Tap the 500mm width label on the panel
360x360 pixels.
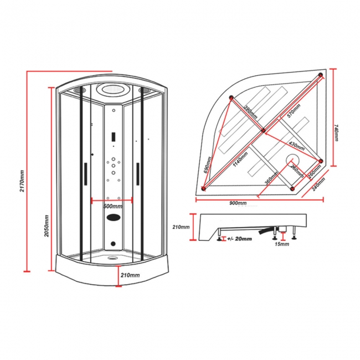113,206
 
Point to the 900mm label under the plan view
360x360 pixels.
238,202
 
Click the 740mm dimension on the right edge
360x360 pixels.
336,132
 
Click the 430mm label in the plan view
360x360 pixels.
297,146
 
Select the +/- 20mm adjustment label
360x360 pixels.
239,239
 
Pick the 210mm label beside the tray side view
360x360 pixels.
181,227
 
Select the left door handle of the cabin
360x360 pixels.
85,174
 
